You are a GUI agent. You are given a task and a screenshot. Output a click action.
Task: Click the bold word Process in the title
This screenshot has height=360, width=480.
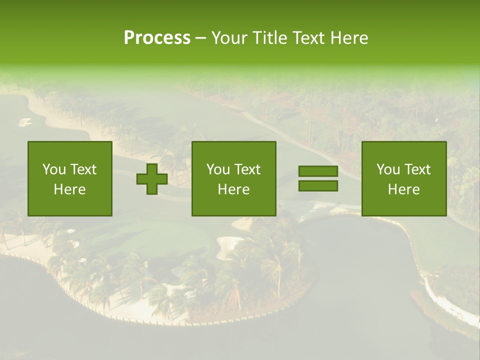click(157, 38)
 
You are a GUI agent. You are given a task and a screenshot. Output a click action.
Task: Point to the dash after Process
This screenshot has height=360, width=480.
click(200, 38)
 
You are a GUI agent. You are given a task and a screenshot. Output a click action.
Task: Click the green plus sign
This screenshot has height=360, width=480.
click(152, 179)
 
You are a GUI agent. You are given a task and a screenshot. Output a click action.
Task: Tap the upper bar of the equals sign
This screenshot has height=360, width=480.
click(318, 171)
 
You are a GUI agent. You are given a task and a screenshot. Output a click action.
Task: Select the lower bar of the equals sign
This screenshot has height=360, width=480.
click(318, 185)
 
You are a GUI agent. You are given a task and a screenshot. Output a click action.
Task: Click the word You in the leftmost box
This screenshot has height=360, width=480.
click(54, 169)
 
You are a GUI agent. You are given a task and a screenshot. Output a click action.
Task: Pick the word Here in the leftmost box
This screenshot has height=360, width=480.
click(69, 189)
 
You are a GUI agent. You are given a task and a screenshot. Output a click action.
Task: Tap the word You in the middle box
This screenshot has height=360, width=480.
click(218, 169)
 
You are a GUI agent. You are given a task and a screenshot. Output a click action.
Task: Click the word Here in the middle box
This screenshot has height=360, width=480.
click(233, 189)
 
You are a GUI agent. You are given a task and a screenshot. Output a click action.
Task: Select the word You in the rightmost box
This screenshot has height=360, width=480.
click(388, 169)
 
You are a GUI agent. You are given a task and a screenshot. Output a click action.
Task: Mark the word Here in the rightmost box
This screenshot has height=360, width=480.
click(403, 189)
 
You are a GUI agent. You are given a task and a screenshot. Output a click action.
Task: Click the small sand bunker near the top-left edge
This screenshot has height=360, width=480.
click(24, 121)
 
